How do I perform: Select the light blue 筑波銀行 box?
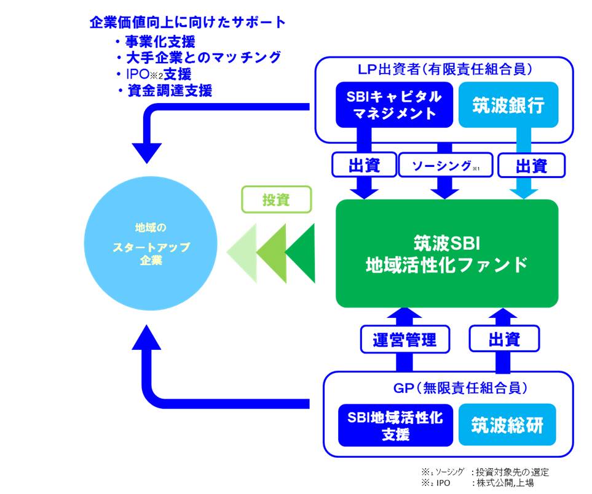508,104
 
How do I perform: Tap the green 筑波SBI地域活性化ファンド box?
447,253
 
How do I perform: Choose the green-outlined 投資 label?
277,199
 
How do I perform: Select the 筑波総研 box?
507,425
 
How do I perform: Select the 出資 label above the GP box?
504,339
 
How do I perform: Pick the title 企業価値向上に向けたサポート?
187,23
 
